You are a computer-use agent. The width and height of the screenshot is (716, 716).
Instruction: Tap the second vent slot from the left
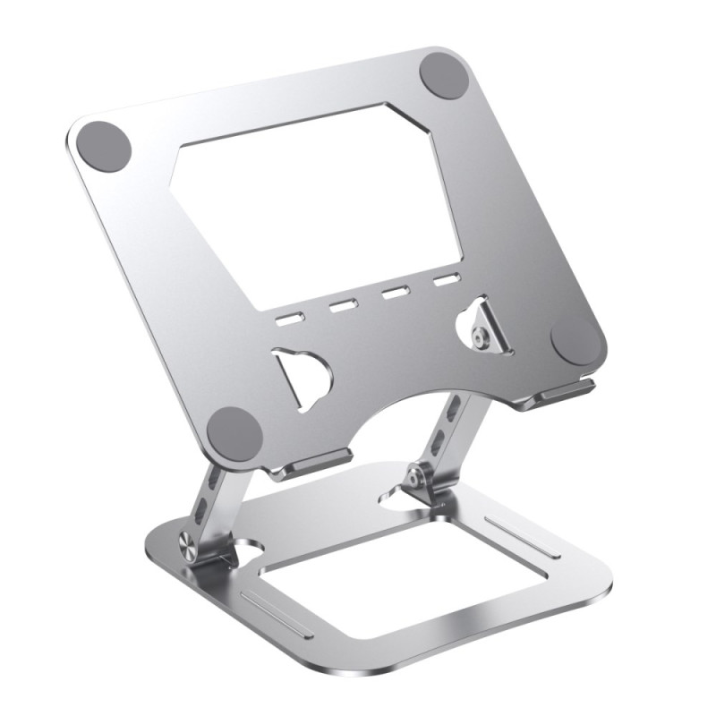[342, 307]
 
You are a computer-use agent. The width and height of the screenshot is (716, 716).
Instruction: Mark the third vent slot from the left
[393, 294]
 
